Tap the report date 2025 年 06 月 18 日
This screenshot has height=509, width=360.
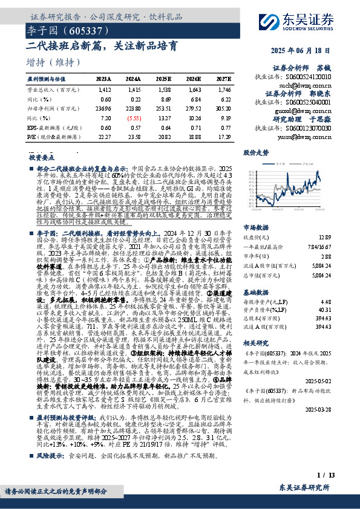click(x=312, y=50)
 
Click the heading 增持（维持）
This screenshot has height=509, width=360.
click(x=54, y=62)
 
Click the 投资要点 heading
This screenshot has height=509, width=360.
click(x=41, y=157)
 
